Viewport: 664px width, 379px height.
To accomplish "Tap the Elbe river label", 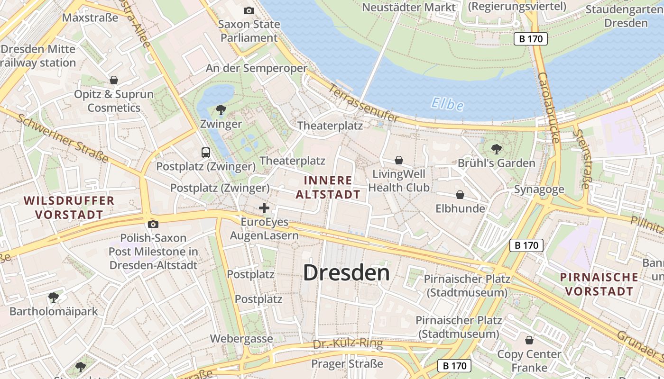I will [x=448, y=104].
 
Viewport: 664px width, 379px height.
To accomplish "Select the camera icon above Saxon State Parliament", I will [x=249, y=10].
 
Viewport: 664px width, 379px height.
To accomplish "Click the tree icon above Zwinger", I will [x=221, y=110].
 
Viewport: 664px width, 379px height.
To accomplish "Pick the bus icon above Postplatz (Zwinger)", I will [x=206, y=153].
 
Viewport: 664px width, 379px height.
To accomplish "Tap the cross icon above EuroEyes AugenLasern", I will [x=264, y=208].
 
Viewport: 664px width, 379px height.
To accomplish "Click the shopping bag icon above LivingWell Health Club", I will [x=399, y=160].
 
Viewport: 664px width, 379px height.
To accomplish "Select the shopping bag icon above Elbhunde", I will [x=460, y=195].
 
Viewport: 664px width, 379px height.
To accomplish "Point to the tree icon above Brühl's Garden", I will [x=496, y=149].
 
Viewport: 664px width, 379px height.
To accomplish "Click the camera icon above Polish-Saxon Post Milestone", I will [x=153, y=224].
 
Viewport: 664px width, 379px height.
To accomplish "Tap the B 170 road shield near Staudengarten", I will [x=531, y=39].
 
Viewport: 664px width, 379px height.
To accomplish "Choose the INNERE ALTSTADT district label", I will [x=328, y=187].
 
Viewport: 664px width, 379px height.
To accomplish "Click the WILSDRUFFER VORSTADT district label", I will [x=69, y=208].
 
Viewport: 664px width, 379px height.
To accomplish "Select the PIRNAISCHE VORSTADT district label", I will [x=599, y=284].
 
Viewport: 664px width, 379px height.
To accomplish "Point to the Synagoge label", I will [x=539, y=189].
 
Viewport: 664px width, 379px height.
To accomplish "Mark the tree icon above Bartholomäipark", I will [x=54, y=298].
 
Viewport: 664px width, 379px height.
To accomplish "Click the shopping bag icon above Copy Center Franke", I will [x=529, y=340].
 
